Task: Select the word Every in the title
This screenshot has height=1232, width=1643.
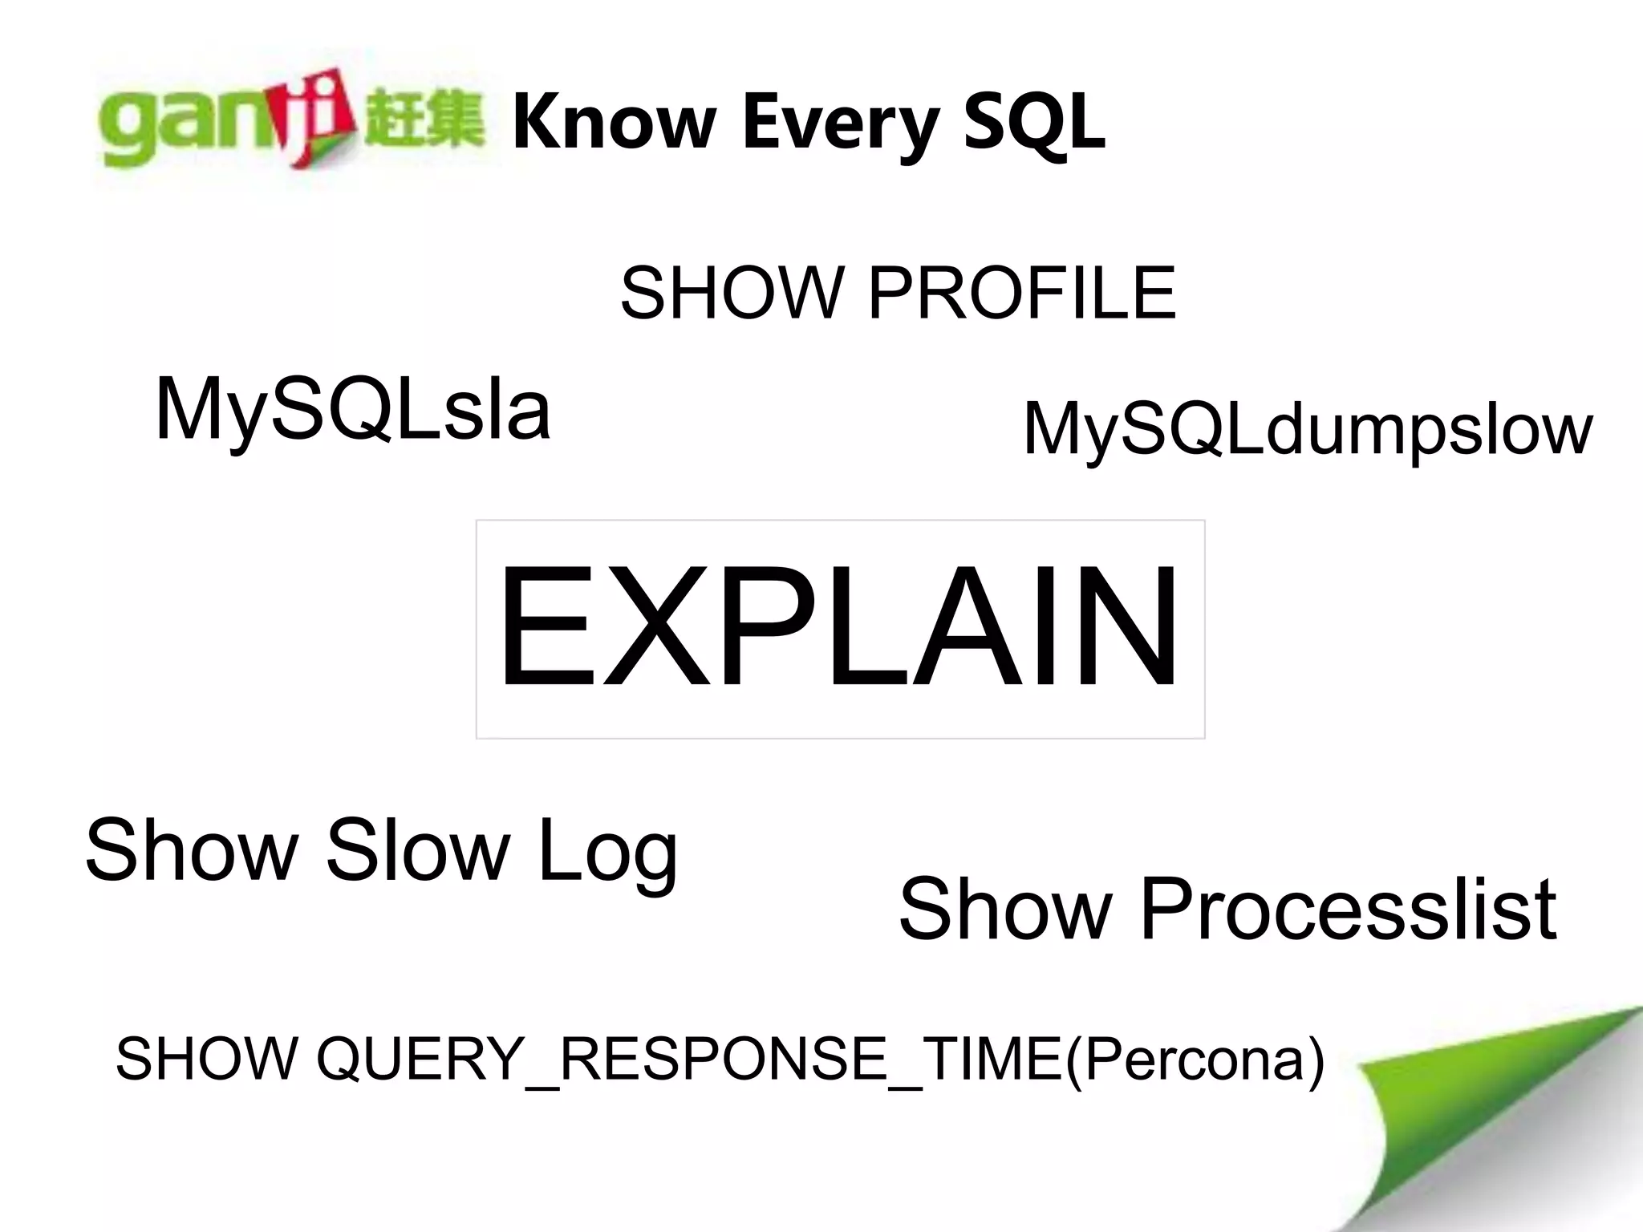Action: [x=839, y=122]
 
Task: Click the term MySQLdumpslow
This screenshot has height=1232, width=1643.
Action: [x=1308, y=431]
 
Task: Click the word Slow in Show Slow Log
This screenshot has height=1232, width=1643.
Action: [x=417, y=850]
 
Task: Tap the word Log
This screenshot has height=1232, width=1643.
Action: [x=608, y=852]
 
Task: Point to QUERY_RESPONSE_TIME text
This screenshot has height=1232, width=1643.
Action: [x=690, y=1059]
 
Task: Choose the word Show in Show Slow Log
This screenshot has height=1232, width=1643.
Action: [x=191, y=850]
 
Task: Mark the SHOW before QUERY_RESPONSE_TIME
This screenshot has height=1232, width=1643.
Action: [x=207, y=1059]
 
